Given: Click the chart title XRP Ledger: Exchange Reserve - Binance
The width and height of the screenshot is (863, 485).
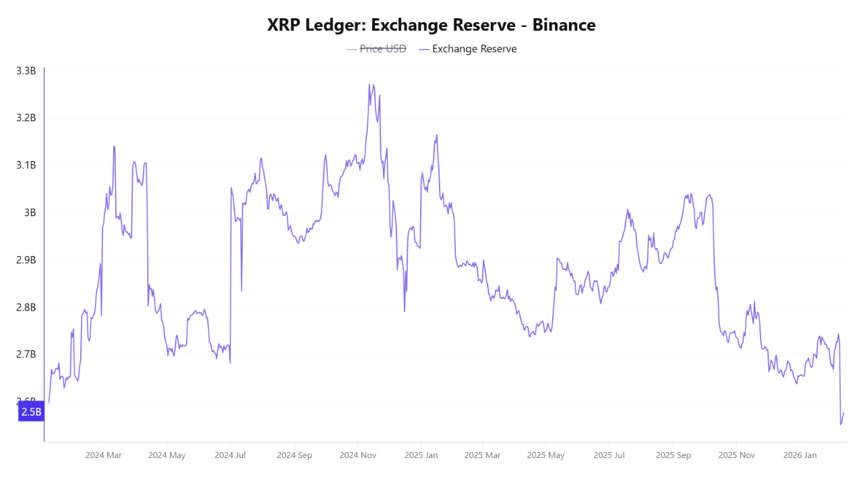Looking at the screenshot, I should pyautogui.click(x=431, y=25).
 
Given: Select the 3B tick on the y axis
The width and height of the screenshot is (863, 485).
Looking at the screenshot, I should pyautogui.click(x=30, y=213).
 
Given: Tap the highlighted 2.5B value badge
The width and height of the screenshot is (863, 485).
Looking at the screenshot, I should pyautogui.click(x=31, y=412).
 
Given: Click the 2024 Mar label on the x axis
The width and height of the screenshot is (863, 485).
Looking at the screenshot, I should pyautogui.click(x=103, y=455).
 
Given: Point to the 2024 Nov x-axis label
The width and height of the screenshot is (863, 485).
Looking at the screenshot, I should pyautogui.click(x=358, y=455).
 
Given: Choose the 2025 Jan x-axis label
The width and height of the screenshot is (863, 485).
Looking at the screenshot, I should pyautogui.click(x=421, y=455).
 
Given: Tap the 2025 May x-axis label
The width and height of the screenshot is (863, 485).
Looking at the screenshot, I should pyautogui.click(x=546, y=455).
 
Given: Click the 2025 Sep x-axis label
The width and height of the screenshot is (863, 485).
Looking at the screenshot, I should pyautogui.click(x=674, y=455).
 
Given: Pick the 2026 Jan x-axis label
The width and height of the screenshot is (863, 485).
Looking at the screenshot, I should pyautogui.click(x=800, y=455).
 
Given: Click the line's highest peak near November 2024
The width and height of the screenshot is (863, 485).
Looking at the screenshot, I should pyautogui.click(x=369, y=84).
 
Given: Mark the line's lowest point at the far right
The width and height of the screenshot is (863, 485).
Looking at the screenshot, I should pyautogui.click(x=841, y=424).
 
